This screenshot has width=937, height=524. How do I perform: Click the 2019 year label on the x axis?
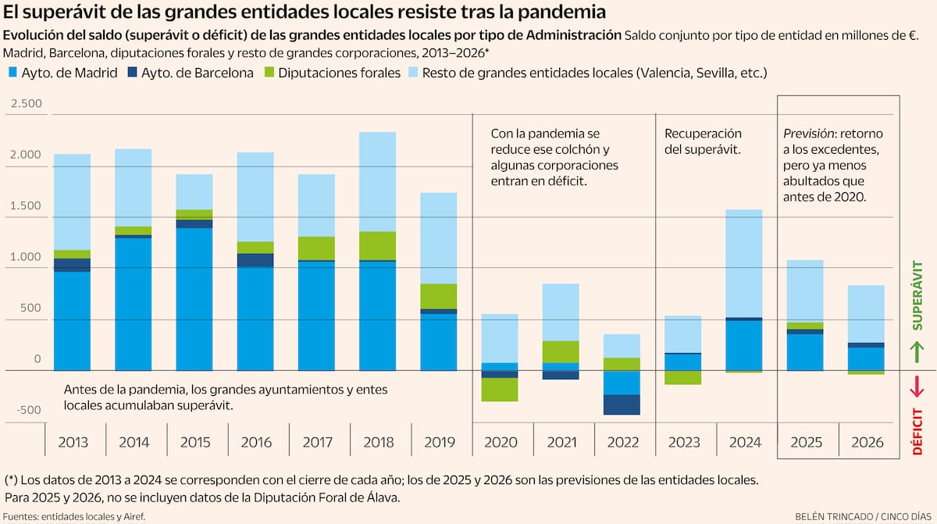[440, 443]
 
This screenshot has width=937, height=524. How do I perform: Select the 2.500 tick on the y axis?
[26, 105]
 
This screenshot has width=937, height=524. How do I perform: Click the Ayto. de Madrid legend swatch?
[12, 73]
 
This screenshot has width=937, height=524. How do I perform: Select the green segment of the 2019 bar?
[440, 296]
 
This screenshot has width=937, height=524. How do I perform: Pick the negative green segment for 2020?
[501, 389]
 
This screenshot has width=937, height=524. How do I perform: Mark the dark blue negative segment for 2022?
[622, 405]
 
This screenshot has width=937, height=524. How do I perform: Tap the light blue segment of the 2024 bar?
[746, 263]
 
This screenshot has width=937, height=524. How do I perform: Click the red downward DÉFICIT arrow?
[917, 386]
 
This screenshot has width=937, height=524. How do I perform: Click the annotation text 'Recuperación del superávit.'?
[703, 141]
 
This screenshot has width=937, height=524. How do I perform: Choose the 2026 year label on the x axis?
[868, 443]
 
